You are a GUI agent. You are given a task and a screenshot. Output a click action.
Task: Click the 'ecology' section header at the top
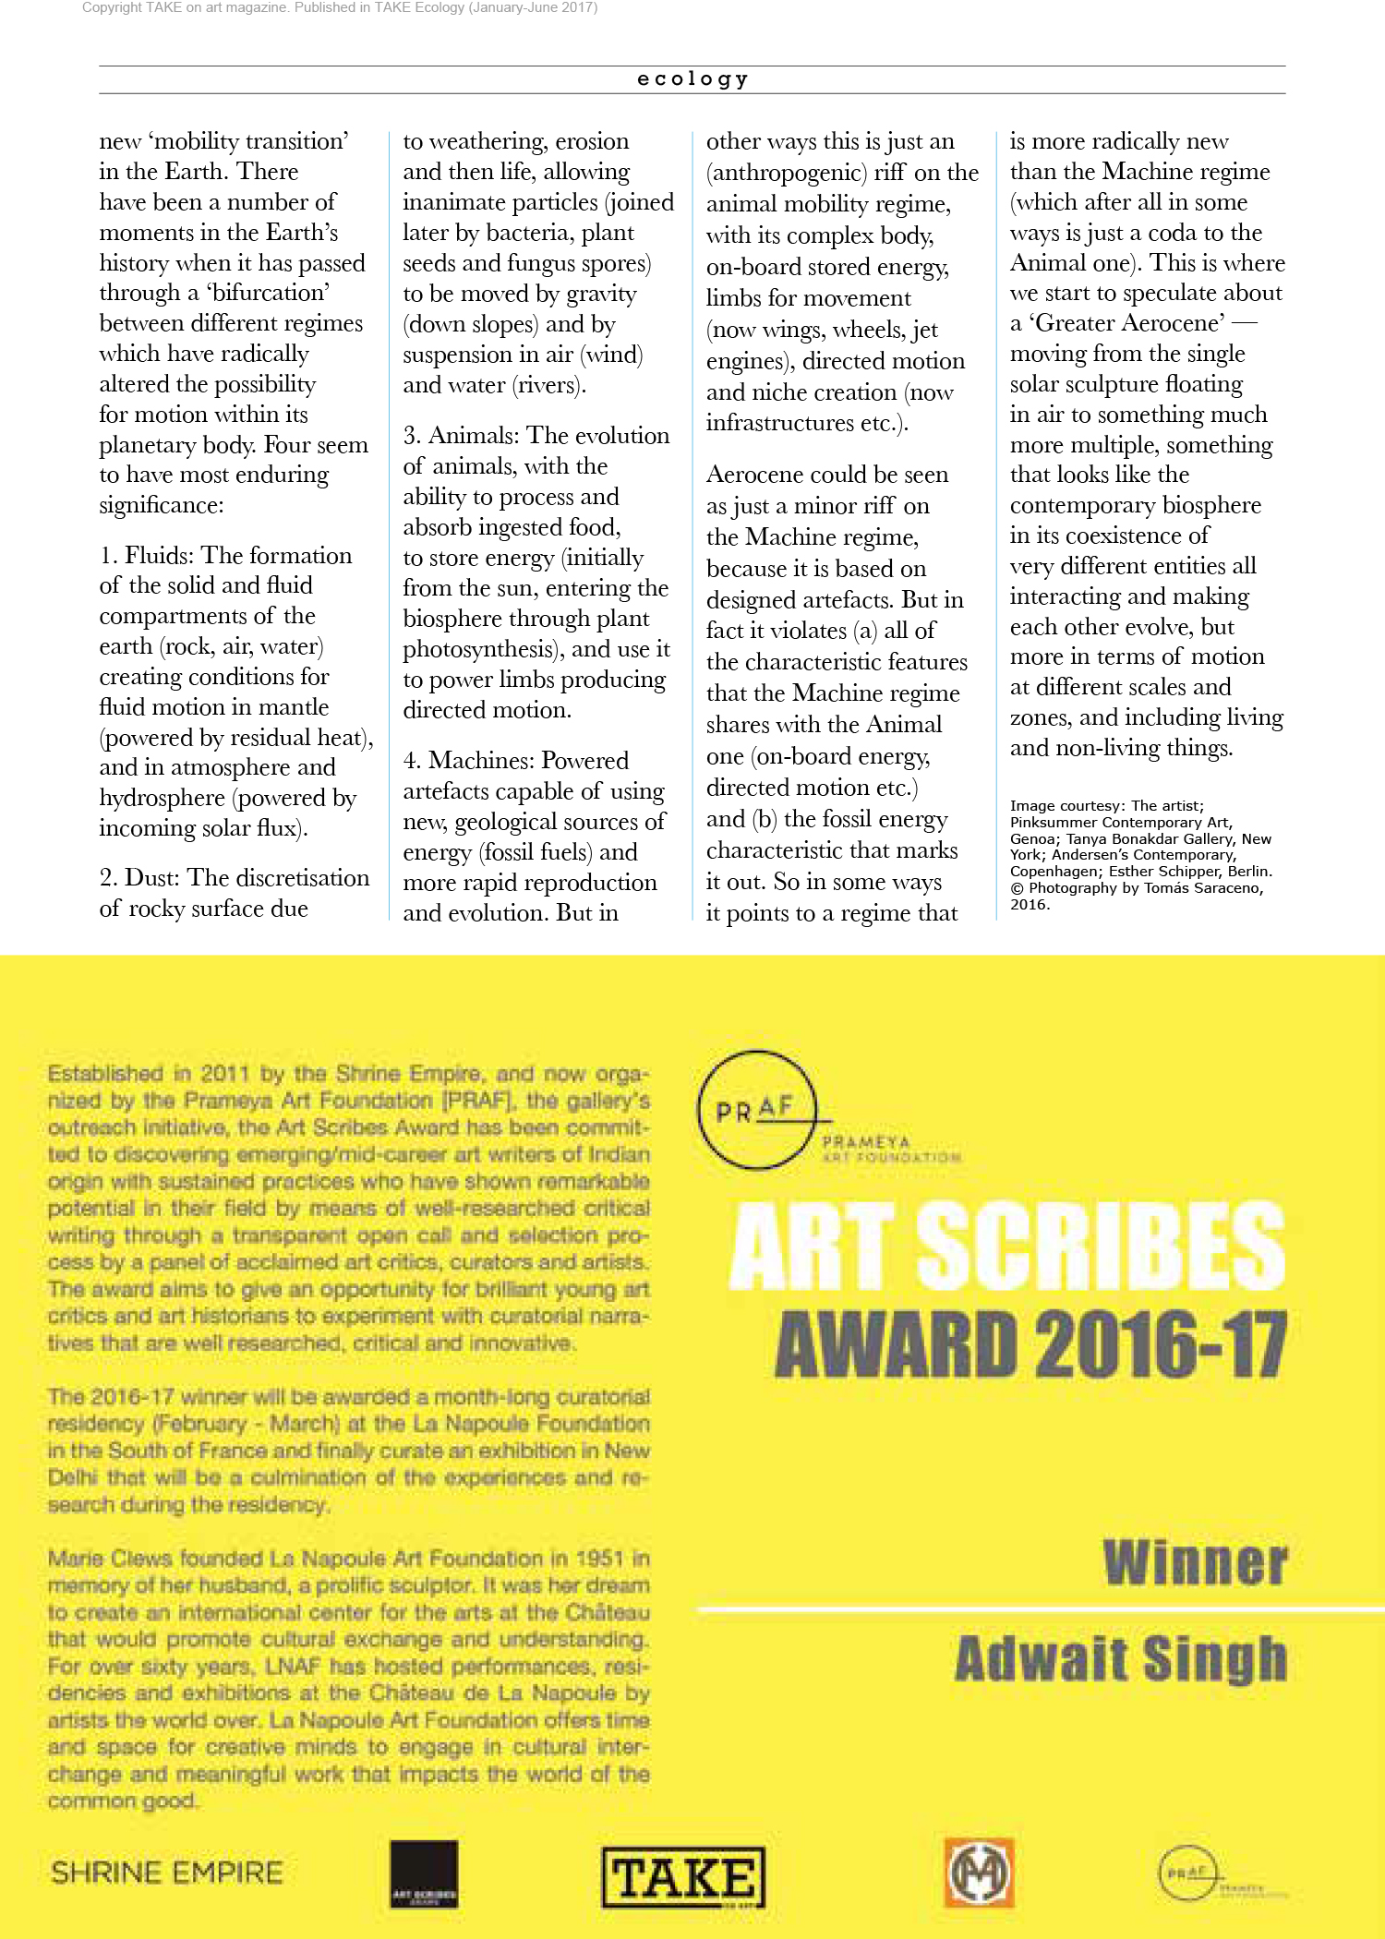(692, 79)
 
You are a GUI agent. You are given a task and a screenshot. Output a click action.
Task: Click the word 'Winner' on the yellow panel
(1195, 1562)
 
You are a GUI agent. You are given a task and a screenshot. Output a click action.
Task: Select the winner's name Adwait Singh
(1121, 1658)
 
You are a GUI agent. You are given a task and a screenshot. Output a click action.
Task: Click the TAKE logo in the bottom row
(683, 1877)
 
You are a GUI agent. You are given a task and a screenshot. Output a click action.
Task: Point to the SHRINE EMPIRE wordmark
(167, 1873)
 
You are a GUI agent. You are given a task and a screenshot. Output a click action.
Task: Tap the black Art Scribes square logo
(424, 1874)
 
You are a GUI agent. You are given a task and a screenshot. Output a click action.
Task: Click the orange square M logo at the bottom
(979, 1873)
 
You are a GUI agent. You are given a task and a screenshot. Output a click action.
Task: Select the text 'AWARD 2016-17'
(1030, 1344)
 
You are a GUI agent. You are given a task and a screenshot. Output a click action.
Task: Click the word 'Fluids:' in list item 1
(160, 555)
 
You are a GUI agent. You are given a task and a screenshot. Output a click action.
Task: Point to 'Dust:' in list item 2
(153, 877)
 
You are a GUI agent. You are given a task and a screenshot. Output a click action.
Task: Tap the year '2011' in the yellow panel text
(225, 1074)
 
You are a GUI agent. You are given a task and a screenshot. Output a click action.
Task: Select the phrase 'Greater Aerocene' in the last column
(1129, 323)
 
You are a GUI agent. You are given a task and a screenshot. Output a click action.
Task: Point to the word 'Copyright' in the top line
(112, 7)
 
